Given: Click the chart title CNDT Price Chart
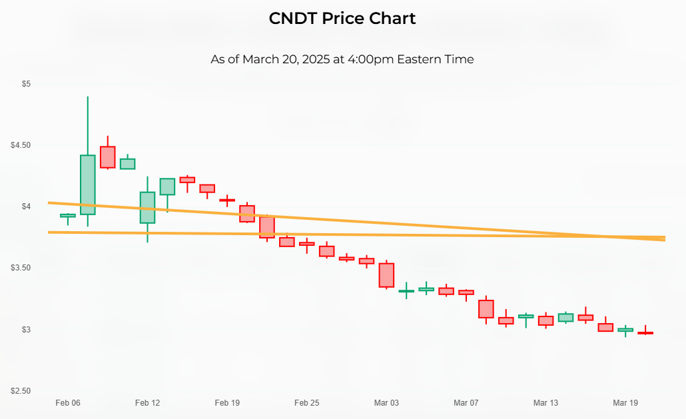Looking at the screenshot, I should pos(342,19).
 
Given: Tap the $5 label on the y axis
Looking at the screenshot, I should pos(26,84).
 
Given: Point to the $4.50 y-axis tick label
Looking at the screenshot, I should pos(21,145).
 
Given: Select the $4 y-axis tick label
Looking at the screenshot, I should pos(26,207).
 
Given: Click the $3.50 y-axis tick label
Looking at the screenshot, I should pos(21,268).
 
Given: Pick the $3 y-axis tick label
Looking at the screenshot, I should pos(26,330).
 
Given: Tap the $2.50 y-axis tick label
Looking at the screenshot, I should pos(21,391).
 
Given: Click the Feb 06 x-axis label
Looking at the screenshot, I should pos(68,403).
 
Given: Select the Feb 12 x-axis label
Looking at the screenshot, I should pos(147,403).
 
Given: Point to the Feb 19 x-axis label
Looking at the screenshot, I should pos(227,403).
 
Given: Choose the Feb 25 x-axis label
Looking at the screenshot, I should pos(306,403).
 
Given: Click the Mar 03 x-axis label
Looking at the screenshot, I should pos(386,403).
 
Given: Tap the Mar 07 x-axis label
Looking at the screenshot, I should pos(466,403).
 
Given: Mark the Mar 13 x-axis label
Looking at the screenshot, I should pos(545,403).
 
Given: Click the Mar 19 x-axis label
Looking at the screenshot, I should pos(625,403).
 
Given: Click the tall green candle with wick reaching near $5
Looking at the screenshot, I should pos(88,185).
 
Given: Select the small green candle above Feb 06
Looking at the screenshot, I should pos(68,215).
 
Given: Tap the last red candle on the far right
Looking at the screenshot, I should pos(645,332).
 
